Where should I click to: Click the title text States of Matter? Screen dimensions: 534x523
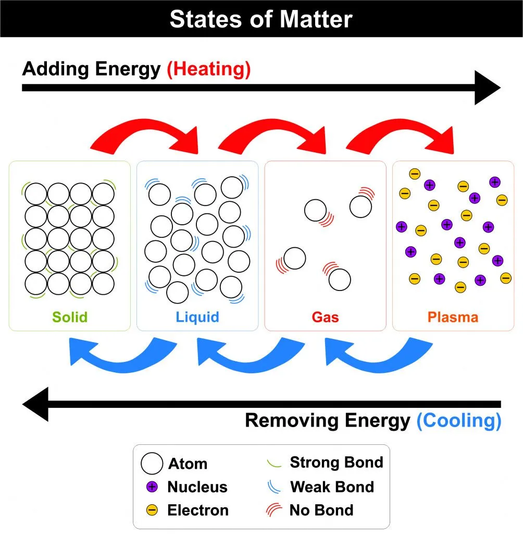[x=261, y=19]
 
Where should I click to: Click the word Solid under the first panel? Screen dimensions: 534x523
[x=69, y=317]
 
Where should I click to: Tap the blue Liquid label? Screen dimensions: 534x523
[x=197, y=317]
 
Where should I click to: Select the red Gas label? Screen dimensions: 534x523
[x=325, y=317]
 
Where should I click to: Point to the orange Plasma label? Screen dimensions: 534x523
[x=453, y=317]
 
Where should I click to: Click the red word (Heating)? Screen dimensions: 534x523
[x=208, y=69]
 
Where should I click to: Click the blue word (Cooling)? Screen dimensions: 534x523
[x=458, y=420]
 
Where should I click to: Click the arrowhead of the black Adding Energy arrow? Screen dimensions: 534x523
[x=487, y=88]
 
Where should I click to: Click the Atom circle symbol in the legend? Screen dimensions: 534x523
[x=152, y=463]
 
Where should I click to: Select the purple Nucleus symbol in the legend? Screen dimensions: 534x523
[x=152, y=487]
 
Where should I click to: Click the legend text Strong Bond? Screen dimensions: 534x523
[x=336, y=462]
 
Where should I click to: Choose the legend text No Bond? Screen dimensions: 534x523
[x=321, y=509]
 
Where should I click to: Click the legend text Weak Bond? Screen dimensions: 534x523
[x=332, y=487]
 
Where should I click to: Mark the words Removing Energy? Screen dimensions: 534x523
[x=328, y=420]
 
